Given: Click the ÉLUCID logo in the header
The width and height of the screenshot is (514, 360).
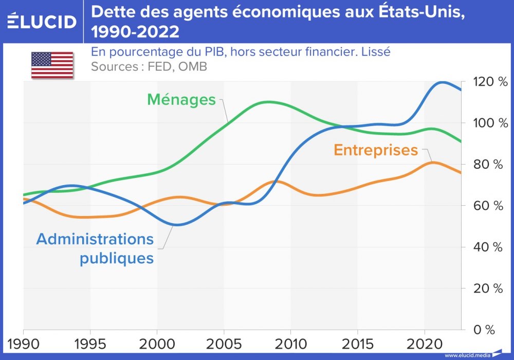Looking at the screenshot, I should tap(42, 21).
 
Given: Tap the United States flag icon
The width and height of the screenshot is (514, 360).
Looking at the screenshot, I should tap(52, 65).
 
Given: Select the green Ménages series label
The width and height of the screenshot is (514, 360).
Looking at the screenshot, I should tap(181, 99).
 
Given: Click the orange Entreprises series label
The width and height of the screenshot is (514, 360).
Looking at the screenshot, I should tap(376, 150).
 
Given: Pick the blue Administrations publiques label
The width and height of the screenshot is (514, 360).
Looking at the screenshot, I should tap(95, 248).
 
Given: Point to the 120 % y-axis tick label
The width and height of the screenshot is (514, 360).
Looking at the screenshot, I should tap(484, 82).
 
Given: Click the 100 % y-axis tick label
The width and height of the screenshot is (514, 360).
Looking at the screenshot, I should tap(484, 123).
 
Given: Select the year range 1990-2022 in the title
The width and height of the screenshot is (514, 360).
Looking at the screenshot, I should tap(135, 32).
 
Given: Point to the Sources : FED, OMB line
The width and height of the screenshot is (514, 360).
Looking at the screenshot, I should tap(149, 66).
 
